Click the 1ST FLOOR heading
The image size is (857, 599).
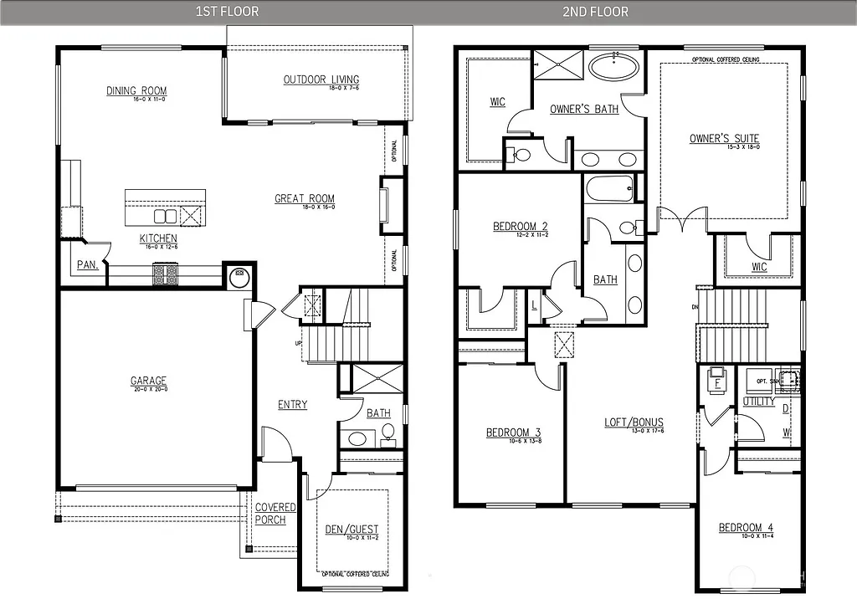click(x=227, y=12)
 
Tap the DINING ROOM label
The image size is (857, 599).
click(x=136, y=91)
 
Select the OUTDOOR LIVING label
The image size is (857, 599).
click(x=321, y=79)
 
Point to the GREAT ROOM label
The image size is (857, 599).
click(x=305, y=199)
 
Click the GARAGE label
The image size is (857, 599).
click(x=148, y=381)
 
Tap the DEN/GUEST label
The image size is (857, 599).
click(x=352, y=530)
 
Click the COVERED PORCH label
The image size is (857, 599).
click(x=275, y=514)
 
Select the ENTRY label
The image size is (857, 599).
click(x=292, y=405)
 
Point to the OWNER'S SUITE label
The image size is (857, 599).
click(x=724, y=139)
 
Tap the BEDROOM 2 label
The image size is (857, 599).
click(x=520, y=226)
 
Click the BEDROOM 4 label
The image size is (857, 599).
click(x=745, y=528)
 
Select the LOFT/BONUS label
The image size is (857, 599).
click(x=634, y=422)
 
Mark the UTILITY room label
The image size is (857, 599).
click(x=758, y=402)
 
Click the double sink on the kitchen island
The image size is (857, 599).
click(x=166, y=216)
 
